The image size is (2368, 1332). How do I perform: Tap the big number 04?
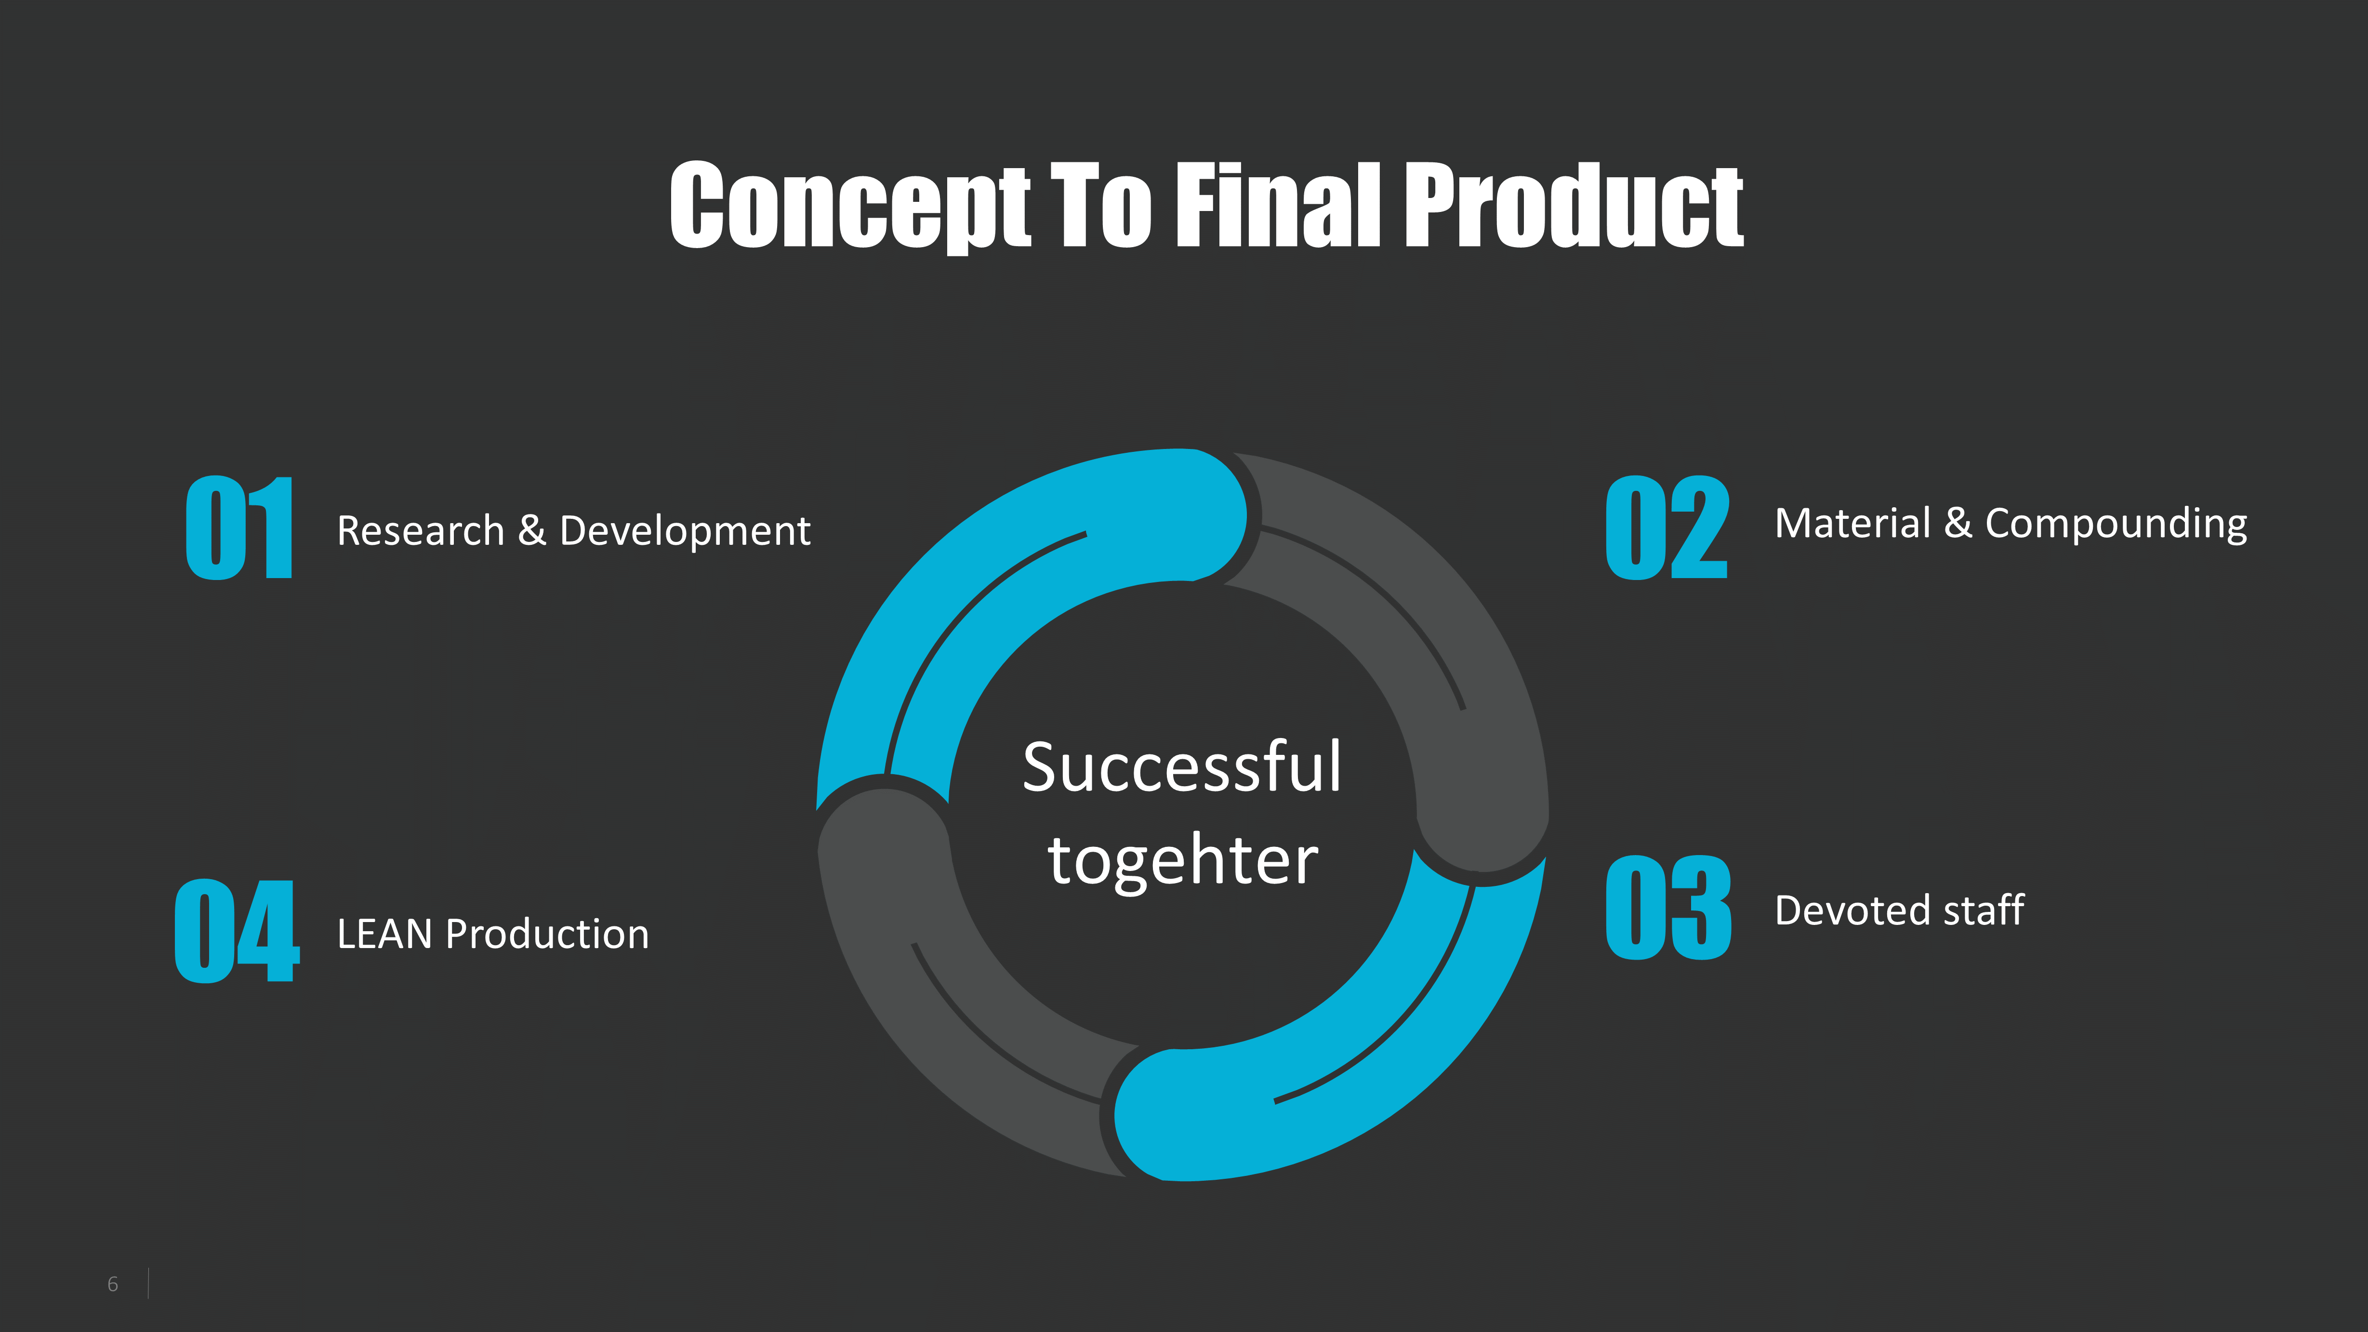coord(237,930)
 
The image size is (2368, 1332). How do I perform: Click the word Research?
coord(420,531)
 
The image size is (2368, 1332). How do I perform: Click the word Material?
coord(1852,524)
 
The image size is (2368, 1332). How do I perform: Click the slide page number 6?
coord(113,1284)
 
